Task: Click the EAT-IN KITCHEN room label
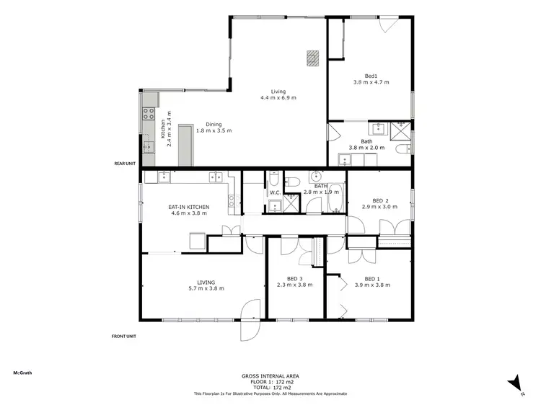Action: (190, 207)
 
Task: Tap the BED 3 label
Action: (294, 278)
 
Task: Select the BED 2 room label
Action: (380, 200)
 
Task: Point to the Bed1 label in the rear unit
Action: (371, 75)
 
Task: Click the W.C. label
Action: (275, 192)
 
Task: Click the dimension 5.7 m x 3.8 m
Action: (206, 288)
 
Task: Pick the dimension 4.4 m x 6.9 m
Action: (278, 98)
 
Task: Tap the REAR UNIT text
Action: (125, 164)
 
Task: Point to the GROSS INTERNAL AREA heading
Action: (270, 375)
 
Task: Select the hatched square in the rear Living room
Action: (312, 57)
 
